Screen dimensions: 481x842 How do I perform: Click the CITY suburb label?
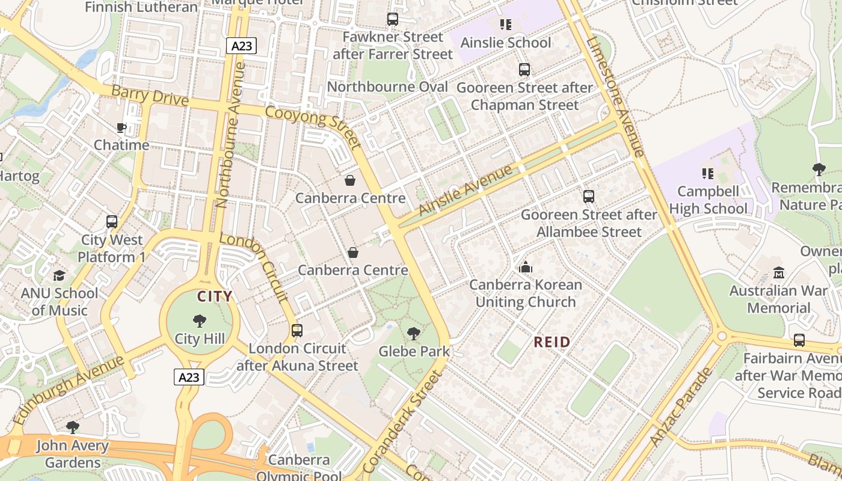pos(215,296)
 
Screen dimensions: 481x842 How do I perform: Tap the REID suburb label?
pos(552,342)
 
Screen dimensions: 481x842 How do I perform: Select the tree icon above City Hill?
pos(200,321)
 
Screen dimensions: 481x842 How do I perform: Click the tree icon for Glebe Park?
pos(413,333)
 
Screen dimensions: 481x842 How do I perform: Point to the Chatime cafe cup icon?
pos(121,127)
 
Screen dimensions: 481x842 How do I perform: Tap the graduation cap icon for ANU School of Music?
pos(59,275)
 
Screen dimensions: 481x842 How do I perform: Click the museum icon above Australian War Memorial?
pos(779,272)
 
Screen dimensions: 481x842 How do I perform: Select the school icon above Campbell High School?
pos(708,174)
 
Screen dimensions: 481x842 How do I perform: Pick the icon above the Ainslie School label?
pos(505,25)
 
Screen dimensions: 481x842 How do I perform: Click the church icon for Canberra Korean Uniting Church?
pos(526,267)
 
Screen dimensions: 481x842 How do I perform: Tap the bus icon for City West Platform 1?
pos(112,222)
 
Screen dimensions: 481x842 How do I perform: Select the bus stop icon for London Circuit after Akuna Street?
pos(297,330)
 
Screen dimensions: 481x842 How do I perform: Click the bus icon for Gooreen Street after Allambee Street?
pos(589,197)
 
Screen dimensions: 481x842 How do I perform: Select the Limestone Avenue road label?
pos(615,96)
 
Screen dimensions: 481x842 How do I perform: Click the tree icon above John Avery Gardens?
pos(73,427)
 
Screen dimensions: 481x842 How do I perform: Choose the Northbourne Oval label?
pos(387,87)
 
